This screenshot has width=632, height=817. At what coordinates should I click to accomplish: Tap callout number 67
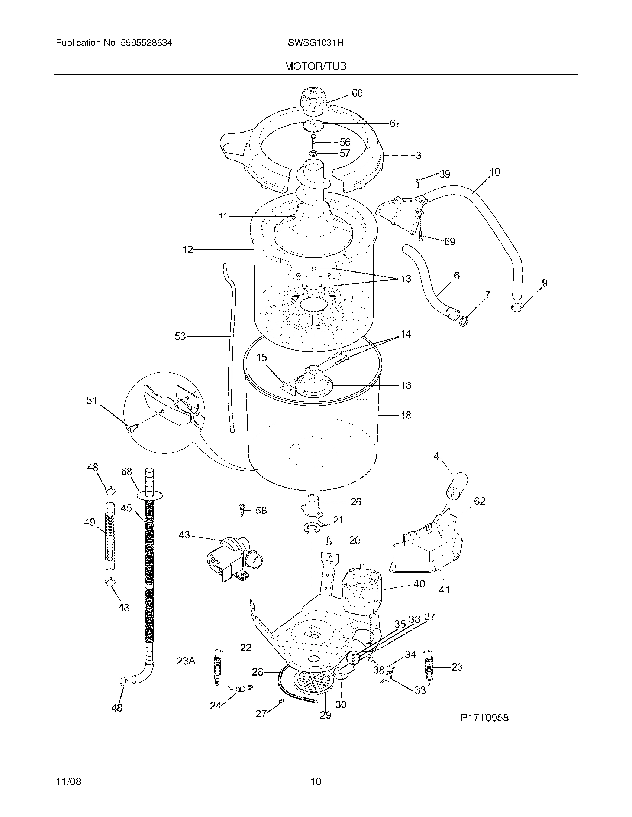pos(394,123)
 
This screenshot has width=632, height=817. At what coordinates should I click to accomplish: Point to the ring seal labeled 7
pos(464,321)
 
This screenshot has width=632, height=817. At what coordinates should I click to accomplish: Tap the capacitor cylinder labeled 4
pos(457,485)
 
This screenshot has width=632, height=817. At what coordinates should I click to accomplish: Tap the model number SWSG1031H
pos(316,43)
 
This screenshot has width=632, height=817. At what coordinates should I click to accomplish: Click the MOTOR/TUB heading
pos(315,66)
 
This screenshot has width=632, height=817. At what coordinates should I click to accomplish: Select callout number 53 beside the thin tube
pos(180,336)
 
